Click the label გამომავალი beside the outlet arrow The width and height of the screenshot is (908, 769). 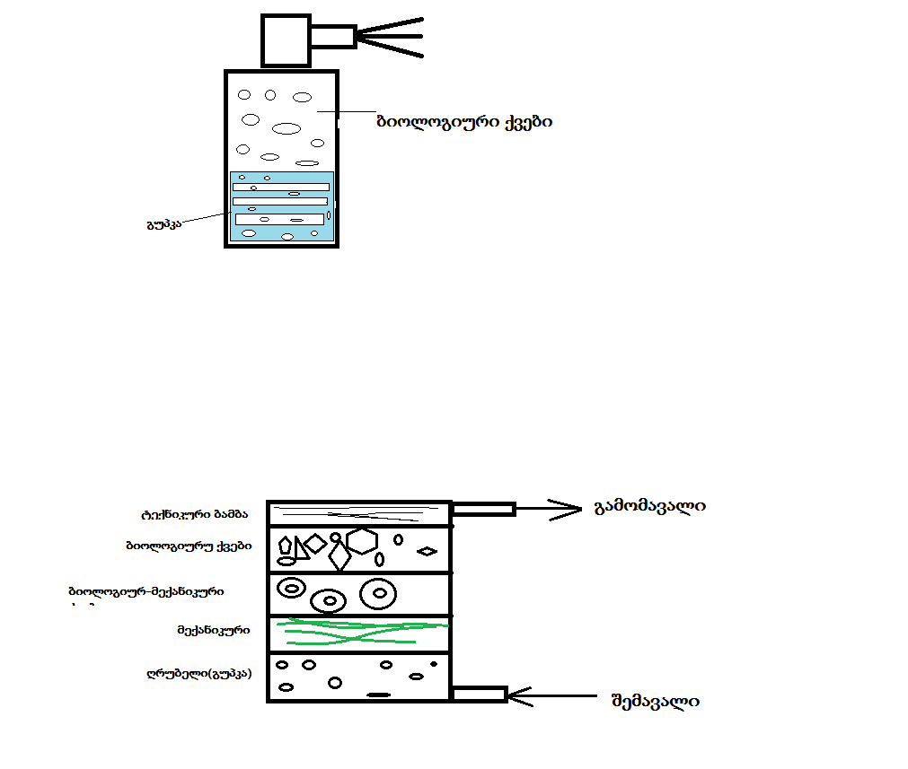(649, 506)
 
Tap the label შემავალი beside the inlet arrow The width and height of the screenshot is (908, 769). (654, 701)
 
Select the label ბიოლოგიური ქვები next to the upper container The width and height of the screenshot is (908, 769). (464, 121)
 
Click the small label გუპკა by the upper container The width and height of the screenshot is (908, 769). (164, 224)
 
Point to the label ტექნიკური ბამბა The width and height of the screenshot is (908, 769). (194, 515)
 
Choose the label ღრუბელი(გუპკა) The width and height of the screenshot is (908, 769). (200, 672)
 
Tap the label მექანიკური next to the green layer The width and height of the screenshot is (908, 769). (214, 630)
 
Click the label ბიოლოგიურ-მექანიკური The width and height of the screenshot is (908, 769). (147, 591)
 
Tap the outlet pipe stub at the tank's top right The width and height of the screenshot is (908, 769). (483, 509)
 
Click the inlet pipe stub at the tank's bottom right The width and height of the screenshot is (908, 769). (479, 695)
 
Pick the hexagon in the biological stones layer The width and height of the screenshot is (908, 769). (362, 541)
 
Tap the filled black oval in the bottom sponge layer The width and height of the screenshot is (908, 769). (378, 695)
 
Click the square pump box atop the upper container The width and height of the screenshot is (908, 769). (286, 40)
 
